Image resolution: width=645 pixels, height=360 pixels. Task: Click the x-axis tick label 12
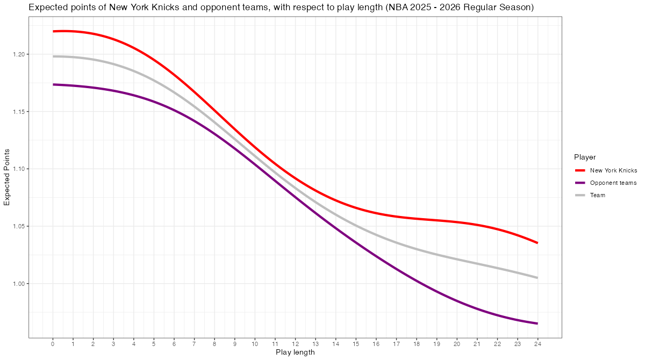tap(295, 343)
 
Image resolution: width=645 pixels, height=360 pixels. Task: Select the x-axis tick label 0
tap(53, 343)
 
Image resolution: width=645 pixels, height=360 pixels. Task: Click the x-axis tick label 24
tap(537, 343)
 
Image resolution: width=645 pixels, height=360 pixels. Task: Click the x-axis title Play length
tap(295, 352)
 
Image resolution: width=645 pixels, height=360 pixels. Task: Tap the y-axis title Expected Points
tap(7, 177)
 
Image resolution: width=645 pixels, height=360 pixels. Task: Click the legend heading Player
tap(585, 157)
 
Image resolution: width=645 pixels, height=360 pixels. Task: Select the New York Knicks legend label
tap(613, 170)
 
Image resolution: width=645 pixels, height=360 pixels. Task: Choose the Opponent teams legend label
tap(613, 183)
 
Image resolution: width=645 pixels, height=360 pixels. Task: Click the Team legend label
tap(598, 195)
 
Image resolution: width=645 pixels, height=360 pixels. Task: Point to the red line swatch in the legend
tap(580, 170)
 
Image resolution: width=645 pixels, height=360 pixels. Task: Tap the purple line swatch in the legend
tap(580, 183)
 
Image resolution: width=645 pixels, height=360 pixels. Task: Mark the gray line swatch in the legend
tap(580, 195)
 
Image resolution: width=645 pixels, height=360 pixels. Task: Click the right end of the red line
tap(537, 243)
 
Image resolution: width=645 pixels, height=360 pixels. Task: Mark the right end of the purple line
tap(537, 323)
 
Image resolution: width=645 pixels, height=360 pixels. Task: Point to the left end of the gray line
tap(53, 56)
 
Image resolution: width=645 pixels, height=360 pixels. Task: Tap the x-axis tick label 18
tap(417, 343)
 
